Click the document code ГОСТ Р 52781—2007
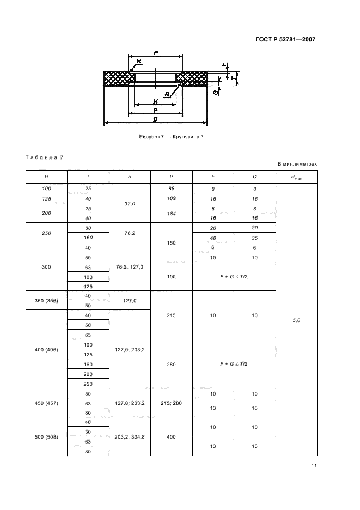point(285,39)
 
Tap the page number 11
point(314,465)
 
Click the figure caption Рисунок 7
point(171,136)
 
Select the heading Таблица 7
point(45,157)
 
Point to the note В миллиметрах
point(297,163)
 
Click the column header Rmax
point(296,177)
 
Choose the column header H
point(130,177)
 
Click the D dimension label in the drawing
point(156,119)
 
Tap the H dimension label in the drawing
point(155,101)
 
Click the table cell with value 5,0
point(296,320)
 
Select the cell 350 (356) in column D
point(46,301)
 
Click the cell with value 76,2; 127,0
point(130,267)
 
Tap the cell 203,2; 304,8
point(130,438)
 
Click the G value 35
point(254,238)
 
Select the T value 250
point(88,384)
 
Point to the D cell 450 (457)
point(46,403)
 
